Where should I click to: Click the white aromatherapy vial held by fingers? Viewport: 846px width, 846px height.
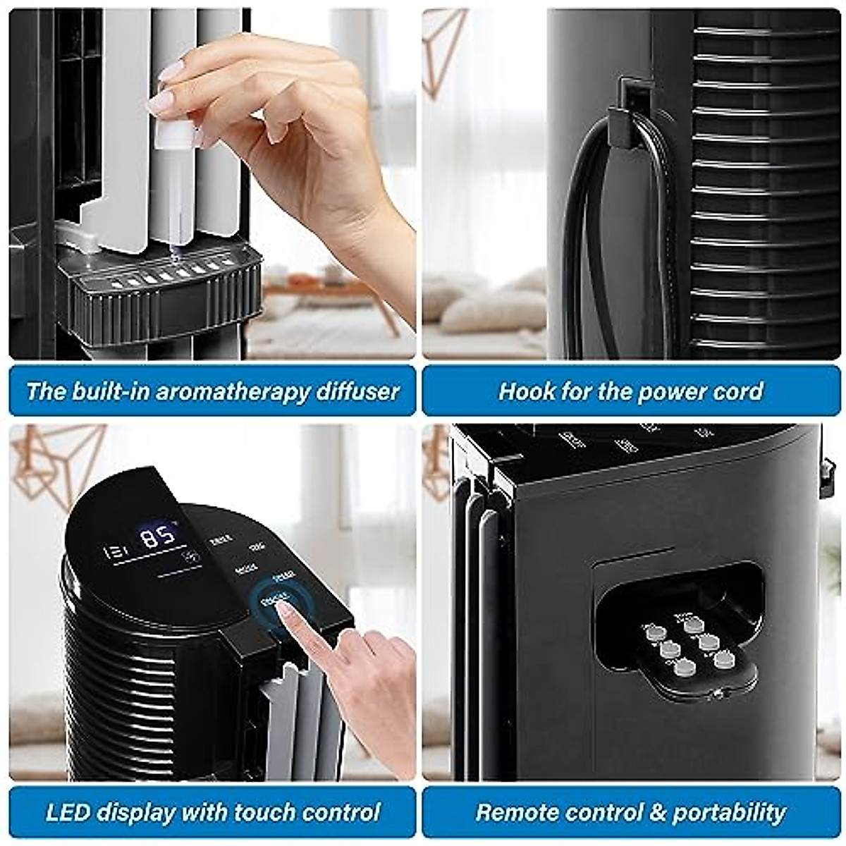(173, 134)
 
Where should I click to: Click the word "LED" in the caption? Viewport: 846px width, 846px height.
(68, 812)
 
